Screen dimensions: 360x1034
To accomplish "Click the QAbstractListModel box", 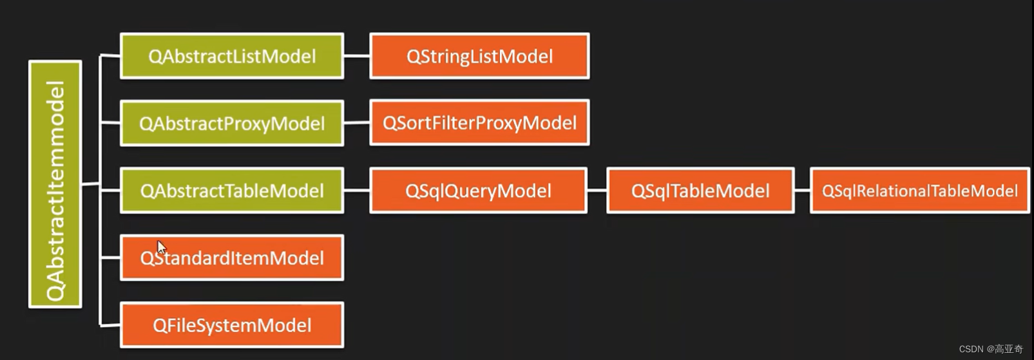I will (232, 56).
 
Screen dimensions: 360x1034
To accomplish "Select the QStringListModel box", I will (479, 56).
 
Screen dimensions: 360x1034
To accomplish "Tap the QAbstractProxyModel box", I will (232, 123).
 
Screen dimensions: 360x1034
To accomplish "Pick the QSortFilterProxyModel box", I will (479, 122).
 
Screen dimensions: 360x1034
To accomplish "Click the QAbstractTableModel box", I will (232, 191).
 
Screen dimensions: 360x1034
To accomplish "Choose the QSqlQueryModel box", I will (478, 191).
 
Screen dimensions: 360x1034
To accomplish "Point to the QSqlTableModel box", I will (700, 191).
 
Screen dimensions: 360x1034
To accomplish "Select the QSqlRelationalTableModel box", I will (919, 191).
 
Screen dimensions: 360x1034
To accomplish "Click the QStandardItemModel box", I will (232, 258).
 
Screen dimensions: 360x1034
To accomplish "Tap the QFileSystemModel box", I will (232, 325).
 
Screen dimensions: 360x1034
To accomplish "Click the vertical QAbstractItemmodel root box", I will (55, 184).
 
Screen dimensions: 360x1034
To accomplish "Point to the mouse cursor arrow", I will (160, 247).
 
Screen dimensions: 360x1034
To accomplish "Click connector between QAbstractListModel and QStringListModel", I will (357, 56).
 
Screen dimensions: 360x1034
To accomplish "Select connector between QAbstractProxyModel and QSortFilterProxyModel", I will (357, 122).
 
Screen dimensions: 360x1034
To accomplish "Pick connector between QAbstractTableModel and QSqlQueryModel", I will (357, 191).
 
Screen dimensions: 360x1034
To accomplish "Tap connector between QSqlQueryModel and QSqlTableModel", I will (597, 191).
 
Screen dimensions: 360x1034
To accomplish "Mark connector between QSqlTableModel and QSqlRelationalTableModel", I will (802, 191).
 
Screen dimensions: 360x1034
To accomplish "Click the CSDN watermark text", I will (990, 349).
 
